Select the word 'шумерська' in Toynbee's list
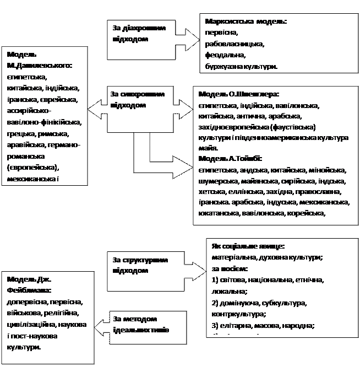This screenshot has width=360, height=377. click(x=216, y=181)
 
